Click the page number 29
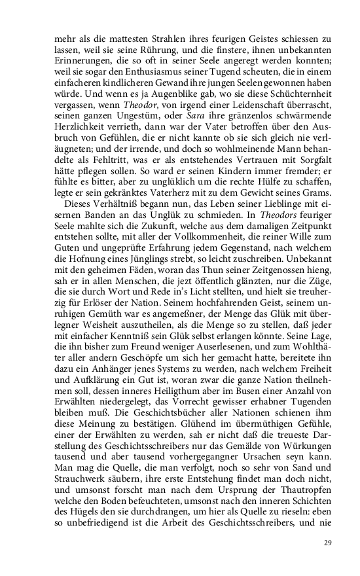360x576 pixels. [x=328, y=543]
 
